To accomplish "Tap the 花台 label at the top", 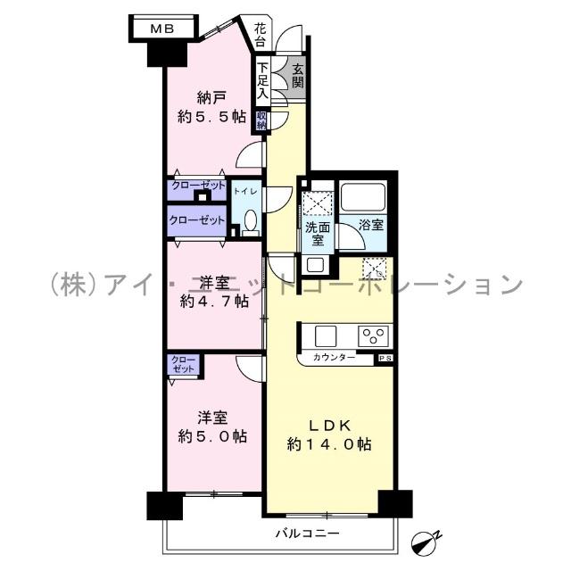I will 260,34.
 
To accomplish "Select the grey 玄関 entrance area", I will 296,77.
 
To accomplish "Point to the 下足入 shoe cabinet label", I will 262,80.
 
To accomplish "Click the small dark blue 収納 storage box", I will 262,120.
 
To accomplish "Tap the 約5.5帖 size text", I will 211,117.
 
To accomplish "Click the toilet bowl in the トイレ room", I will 250,220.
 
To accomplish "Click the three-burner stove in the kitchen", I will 373,335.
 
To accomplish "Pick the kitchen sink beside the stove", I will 325,335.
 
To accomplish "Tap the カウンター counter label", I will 334,358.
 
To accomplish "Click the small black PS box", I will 385,358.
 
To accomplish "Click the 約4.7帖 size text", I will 212,302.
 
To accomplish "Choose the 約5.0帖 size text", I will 212,436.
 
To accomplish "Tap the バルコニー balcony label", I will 306,534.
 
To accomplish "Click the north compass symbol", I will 427,541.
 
